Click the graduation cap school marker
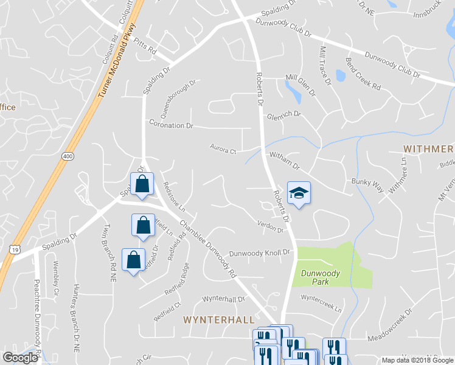pyautogui.click(x=299, y=193)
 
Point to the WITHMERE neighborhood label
pyautogui.click(x=428, y=149)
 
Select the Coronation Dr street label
pyautogui.click(x=171, y=125)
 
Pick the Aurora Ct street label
pyautogui.click(x=223, y=147)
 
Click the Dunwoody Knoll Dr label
pyautogui.click(x=261, y=252)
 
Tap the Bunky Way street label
pyautogui.click(x=366, y=181)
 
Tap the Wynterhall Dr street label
pyautogui.click(x=223, y=299)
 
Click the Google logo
pyautogui.click(x=20, y=358)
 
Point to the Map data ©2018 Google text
pyautogui.click(x=417, y=360)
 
